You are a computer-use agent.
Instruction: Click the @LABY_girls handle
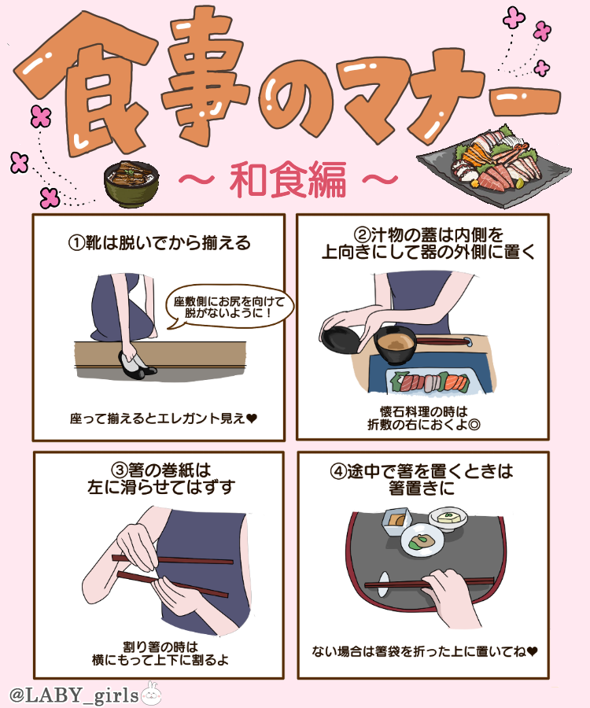(74, 695)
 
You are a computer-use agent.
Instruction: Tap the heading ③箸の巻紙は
(161, 470)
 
